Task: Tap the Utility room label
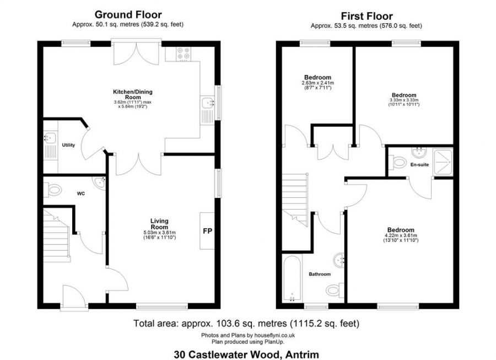[68, 145]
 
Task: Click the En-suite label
[419, 164]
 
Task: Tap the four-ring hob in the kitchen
[182, 53]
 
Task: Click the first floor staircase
[295, 196]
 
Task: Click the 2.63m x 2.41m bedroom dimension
[317, 85]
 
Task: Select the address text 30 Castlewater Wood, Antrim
[246, 354]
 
